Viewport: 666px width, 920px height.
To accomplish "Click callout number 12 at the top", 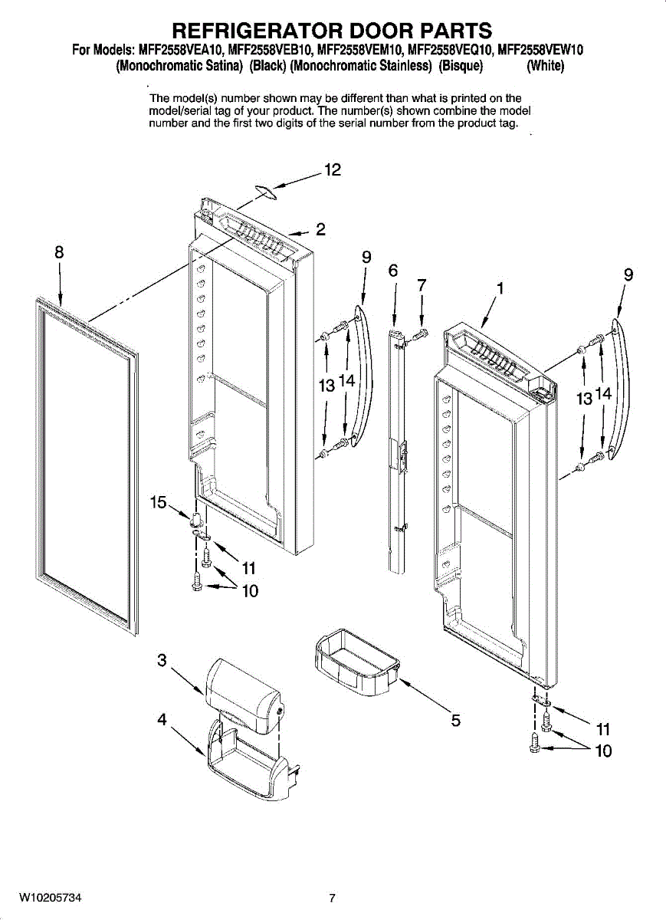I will coord(332,170).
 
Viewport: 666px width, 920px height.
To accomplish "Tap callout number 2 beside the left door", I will coord(320,228).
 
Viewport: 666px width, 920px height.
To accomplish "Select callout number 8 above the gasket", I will coord(59,251).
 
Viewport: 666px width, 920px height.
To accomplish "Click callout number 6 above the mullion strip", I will coord(393,271).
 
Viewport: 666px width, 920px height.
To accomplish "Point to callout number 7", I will coord(422,284).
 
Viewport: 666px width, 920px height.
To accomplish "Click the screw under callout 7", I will coord(419,333).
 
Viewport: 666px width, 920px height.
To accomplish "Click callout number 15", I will coord(159,502).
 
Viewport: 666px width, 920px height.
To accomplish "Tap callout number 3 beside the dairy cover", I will coord(162,659).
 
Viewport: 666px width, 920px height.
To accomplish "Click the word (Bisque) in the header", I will coord(460,66).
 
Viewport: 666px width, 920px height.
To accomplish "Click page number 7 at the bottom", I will coord(333,898).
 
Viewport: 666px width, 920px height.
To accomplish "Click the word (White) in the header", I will coord(545,66).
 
